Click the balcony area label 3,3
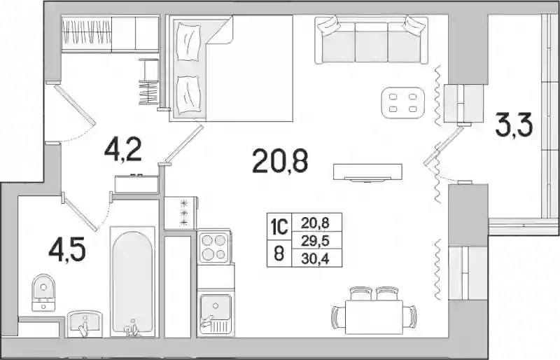pos(514,124)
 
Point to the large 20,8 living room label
pos(279,161)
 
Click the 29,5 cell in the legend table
pos(314,241)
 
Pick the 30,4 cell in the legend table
pos(315,258)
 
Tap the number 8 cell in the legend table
pos(279,254)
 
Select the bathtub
pos(132,282)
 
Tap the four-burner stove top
pos(213,247)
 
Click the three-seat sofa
pos(372,40)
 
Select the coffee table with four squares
pos(403,102)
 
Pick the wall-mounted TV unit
pos(367,172)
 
